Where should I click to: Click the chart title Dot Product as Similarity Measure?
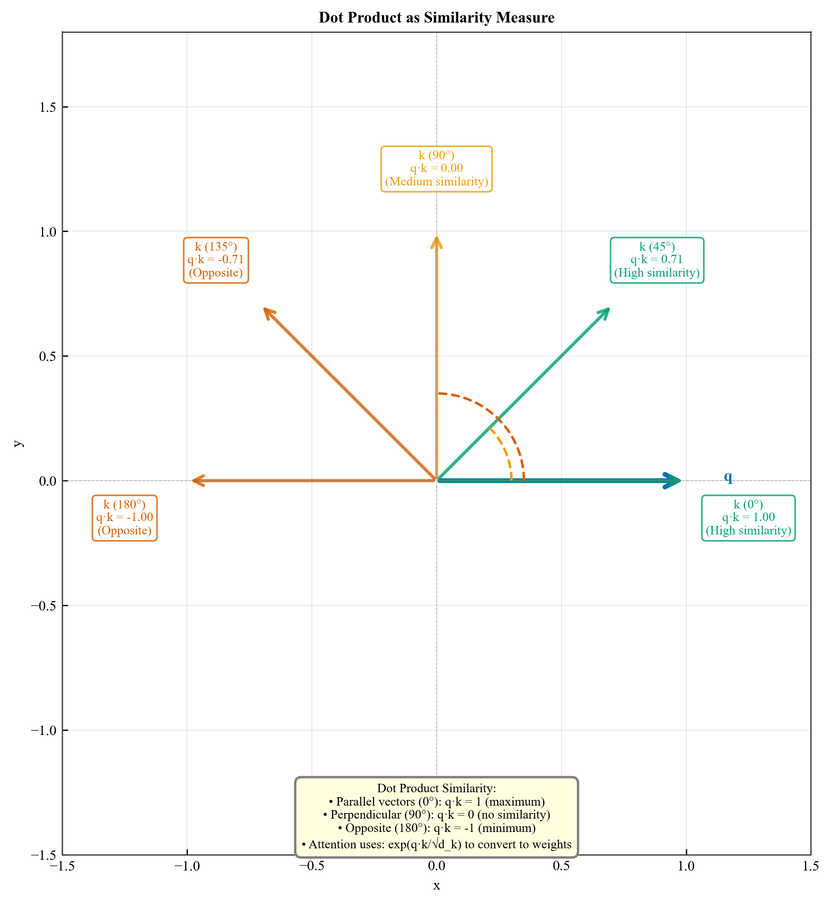pos(436,18)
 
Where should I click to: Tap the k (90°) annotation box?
pos(436,169)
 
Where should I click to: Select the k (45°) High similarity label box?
pos(657,260)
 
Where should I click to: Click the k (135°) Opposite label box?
pos(216,260)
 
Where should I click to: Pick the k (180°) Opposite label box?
pos(124,518)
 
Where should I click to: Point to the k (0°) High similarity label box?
pos(748,518)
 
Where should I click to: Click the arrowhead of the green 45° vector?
pos(605,312)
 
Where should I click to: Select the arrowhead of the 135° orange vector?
pos(268,312)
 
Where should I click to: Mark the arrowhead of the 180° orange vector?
pos(197,480)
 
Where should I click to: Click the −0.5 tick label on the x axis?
pos(311,866)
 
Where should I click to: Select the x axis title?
pos(436,886)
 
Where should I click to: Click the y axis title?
pos(18,443)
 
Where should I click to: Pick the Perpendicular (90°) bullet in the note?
pos(436,815)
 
